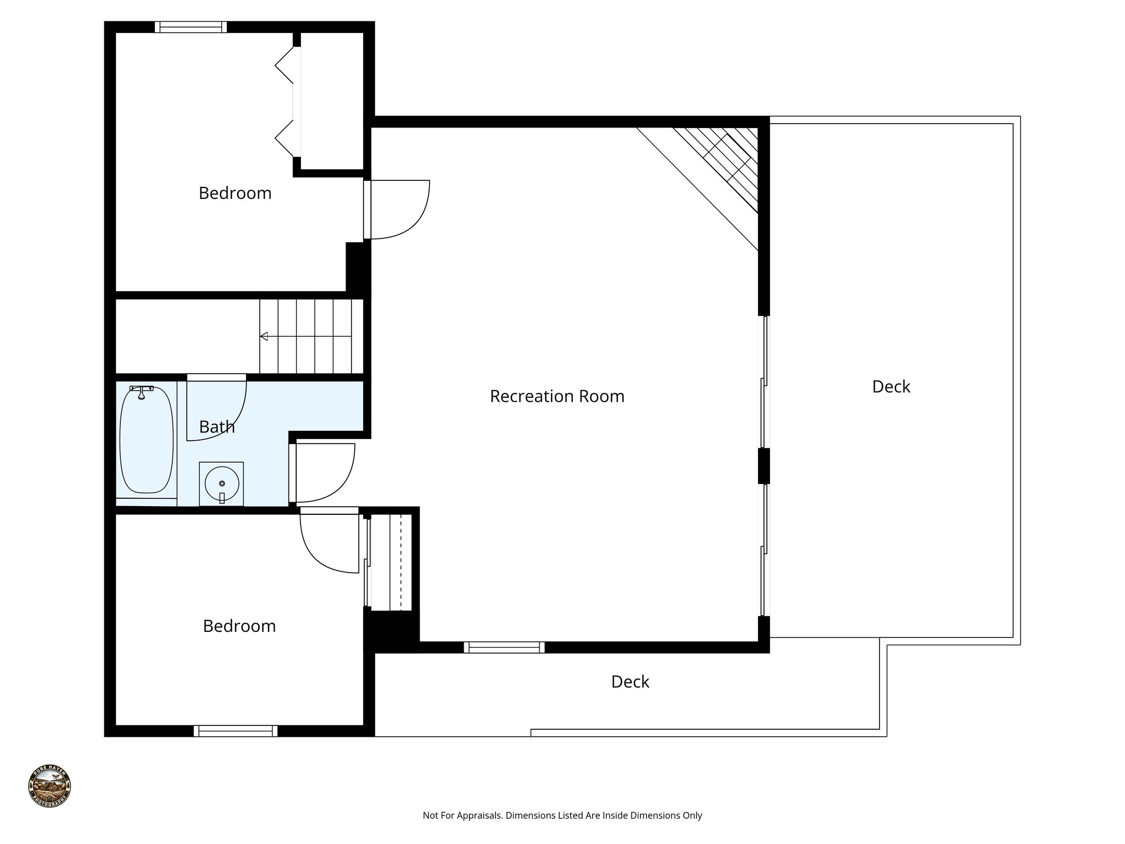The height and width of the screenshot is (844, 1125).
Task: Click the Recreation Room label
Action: tap(557, 396)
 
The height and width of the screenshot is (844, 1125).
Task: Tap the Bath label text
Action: tap(216, 427)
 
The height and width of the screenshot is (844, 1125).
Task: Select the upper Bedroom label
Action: tap(235, 193)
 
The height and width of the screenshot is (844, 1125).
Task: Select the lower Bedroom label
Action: tap(239, 626)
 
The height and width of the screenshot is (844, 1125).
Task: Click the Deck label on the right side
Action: tap(891, 387)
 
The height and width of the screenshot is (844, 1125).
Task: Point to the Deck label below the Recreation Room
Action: tap(630, 682)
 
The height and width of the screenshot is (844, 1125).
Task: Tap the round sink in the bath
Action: tap(221, 484)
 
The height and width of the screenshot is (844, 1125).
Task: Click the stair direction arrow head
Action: tap(264, 336)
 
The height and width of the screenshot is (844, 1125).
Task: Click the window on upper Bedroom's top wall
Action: tap(191, 27)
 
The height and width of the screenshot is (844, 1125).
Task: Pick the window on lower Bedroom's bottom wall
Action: tap(236, 731)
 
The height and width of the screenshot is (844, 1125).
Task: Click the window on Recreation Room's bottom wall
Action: tap(504, 647)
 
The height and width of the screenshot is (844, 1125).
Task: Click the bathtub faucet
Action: tap(142, 392)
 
